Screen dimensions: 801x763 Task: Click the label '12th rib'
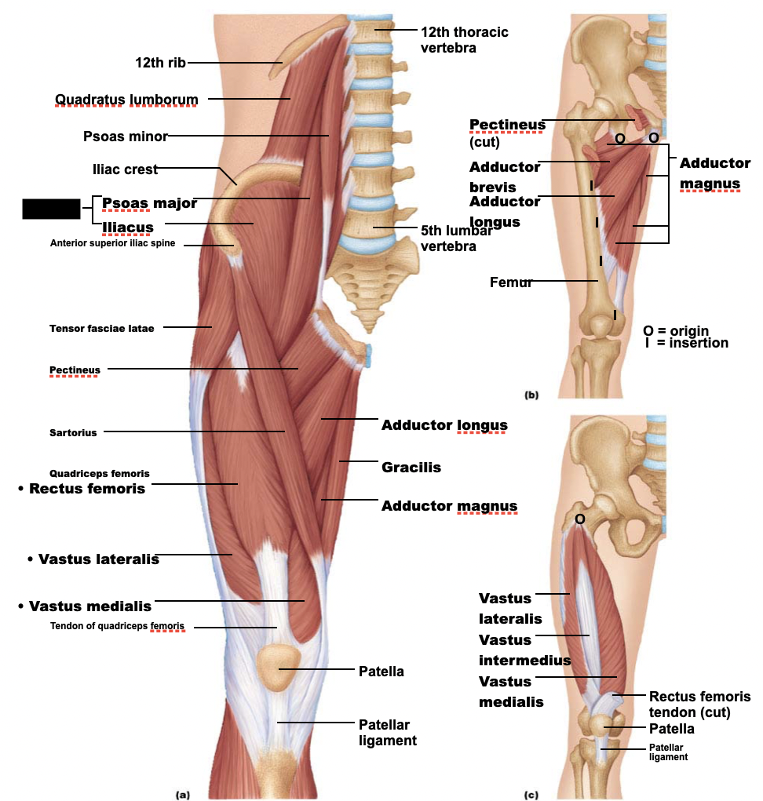click(x=160, y=62)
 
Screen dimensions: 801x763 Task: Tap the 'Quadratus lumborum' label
click(x=126, y=99)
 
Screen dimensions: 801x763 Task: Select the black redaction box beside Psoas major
click(x=51, y=209)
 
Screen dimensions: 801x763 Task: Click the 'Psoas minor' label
click(x=126, y=137)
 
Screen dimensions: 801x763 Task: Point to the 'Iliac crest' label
click(x=125, y=169)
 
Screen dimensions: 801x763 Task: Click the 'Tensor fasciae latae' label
click(x=101, y=328)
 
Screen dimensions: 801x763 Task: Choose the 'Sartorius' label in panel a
click(x=73, y=432)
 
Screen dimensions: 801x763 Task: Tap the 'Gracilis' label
click(x=411, y=468)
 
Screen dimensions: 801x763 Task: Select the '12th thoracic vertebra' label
click(x=464, y=39)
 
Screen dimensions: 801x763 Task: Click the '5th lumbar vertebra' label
click(x=456, y=238)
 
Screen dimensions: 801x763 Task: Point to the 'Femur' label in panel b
click(x=511, y=282)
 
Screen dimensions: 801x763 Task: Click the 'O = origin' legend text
click(x=676, y=330)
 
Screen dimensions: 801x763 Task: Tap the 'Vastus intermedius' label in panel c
click(x=524, y=650)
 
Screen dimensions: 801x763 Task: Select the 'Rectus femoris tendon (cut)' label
click(x=699, y=705)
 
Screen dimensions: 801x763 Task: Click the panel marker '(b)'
click(x=531, y=395)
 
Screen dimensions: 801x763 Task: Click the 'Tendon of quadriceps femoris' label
click(x=118, y=626)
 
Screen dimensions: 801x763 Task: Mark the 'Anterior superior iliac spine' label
click(x=112, y=243)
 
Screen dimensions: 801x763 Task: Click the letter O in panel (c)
click(x=579, y=519)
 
